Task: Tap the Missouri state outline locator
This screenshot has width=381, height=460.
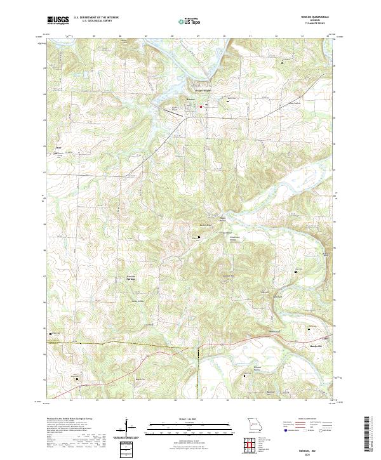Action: pyautogui.click(x=255, y=423)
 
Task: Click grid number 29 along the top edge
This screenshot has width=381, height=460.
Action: pyautogui.click(x=198, y=36)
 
